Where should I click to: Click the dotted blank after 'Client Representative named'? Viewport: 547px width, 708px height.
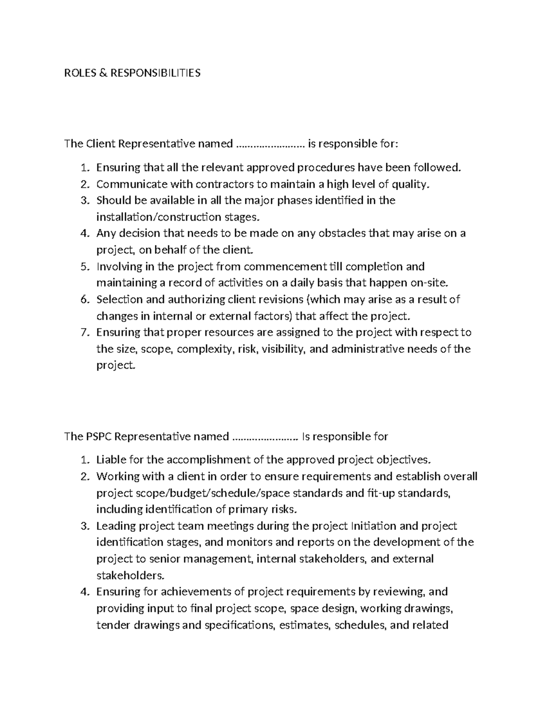[x=270, y=145]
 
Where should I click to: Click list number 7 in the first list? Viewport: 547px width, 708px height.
[x=84, y=332]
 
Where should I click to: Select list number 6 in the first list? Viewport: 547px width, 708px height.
[x=84, y=300]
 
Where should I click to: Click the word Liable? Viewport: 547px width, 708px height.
[x=111, y=460]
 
